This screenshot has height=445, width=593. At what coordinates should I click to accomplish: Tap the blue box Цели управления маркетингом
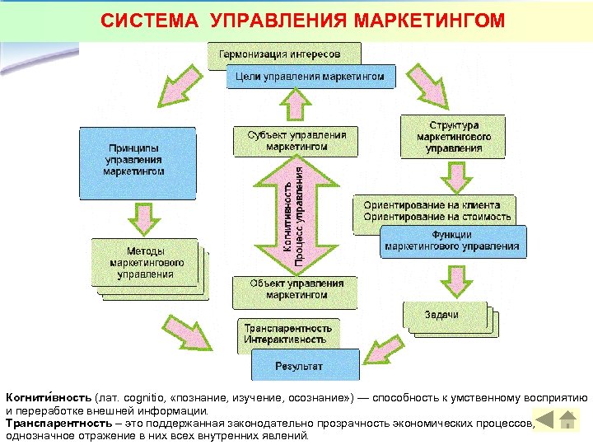[x=310, y=77]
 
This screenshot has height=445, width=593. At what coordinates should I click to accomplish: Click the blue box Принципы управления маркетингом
[x=137, y=162]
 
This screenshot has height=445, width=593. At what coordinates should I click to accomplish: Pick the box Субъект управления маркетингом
[x=296, y=140]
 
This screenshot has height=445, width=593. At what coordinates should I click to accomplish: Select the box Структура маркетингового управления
[x=453, y=136]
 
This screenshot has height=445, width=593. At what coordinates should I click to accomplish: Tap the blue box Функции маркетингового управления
[x=453, y=241]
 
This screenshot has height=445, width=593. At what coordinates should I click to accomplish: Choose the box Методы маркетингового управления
[x=145, y=263]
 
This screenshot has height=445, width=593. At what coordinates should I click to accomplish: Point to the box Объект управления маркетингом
[x=296, y=288]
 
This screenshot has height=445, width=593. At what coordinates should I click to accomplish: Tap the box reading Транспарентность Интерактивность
[x=287, y=334]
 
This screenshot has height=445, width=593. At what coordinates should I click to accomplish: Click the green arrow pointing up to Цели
[x=294, y=106]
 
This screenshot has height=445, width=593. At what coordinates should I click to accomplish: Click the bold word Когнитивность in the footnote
[x=48, y=397]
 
